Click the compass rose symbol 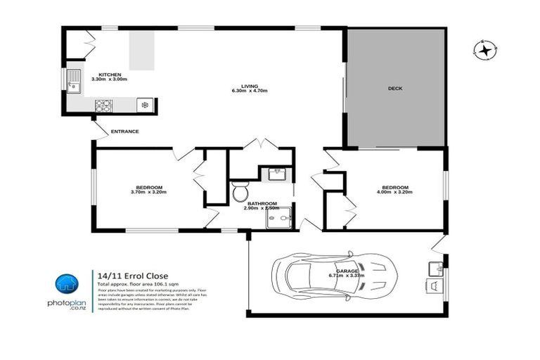point(484,50)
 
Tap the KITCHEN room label point(110,75)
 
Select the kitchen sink point(75,82)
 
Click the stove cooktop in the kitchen point(104,106)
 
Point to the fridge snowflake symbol point(145,105)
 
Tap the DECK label point(395,89)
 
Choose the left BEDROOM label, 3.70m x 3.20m point(148,187)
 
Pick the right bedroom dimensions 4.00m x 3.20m point(393,191)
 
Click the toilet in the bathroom point(239,191)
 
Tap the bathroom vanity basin point(275,173)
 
